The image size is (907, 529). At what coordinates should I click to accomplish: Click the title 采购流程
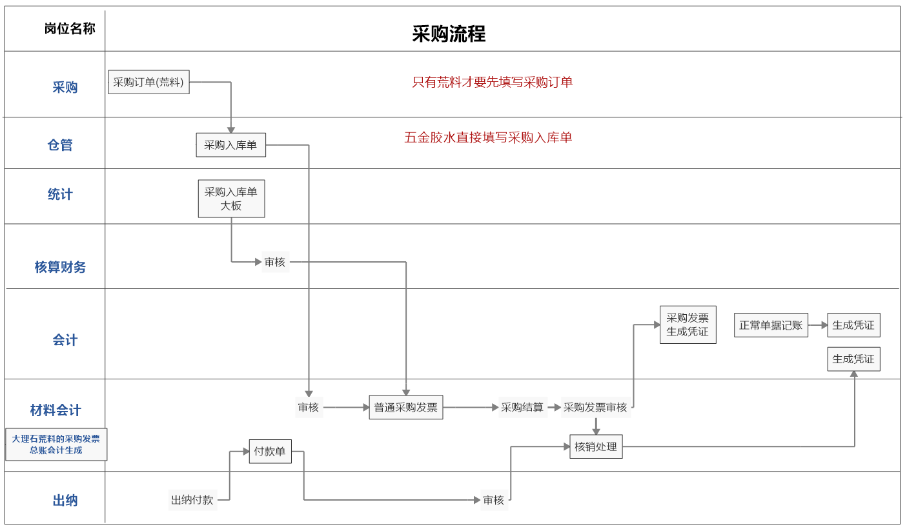(x=449, y=34)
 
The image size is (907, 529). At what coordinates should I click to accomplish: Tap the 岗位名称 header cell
(x=70, y=29)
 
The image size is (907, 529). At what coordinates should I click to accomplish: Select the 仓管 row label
(x=60, y=145)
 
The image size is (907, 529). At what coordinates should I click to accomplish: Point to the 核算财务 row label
(x=60, y=267)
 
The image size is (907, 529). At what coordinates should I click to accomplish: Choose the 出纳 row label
(x=65, y=501)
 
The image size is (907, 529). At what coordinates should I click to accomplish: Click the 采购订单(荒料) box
(x=148, y=83)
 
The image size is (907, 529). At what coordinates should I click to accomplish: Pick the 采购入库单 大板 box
(x=231, y=199)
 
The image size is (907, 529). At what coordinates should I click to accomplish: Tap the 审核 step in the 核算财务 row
(x=274, y=262)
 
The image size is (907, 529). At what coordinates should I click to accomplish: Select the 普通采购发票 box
(x=406, y=408)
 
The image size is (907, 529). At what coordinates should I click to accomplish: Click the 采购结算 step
(x=522, y=408)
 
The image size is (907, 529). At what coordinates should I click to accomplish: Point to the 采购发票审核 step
(x=595, y=408)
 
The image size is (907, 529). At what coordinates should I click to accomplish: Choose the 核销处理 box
(x=596, y=446)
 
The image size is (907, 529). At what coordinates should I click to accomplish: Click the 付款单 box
(x=270, y=452)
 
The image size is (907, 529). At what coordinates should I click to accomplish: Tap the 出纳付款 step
(x=192, y=500)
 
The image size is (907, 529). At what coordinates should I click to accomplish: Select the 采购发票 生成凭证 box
(x=688, y=325)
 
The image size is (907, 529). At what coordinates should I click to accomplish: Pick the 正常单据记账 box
(x=771, y=325)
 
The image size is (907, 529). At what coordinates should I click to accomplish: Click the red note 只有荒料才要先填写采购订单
(x=493, y=83)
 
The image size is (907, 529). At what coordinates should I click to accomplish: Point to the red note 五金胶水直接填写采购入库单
(x=488, y=137)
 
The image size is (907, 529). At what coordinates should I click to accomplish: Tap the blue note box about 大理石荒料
(x=56, y=444)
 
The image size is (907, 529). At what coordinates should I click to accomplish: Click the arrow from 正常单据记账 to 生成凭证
(x=818, y=325)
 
